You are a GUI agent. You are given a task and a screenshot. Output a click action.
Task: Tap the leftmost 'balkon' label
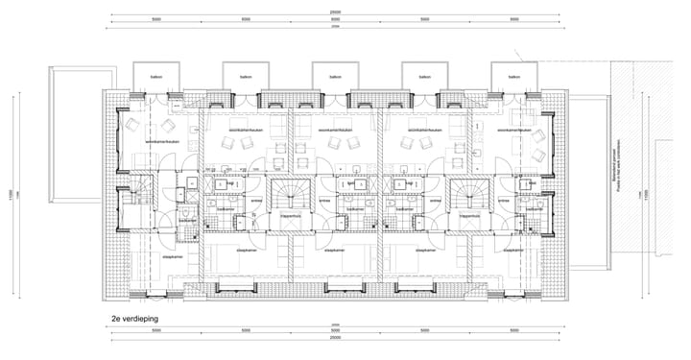154,77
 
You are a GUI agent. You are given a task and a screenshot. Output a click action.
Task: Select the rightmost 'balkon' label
513,77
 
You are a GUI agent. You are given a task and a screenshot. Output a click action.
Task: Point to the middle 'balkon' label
334,77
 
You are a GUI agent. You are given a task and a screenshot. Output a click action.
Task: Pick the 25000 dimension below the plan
334,338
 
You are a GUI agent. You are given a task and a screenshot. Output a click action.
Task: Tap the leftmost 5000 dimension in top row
155,19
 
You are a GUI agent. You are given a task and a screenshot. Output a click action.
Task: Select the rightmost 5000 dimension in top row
513,19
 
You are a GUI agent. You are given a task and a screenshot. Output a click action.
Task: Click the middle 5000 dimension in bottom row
334,329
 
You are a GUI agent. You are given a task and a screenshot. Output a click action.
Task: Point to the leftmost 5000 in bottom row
155,329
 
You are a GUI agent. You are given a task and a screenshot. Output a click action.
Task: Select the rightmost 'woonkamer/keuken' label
514,130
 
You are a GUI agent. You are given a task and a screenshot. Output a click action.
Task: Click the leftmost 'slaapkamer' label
173,257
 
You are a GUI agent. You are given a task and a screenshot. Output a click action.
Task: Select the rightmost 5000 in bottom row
513,329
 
